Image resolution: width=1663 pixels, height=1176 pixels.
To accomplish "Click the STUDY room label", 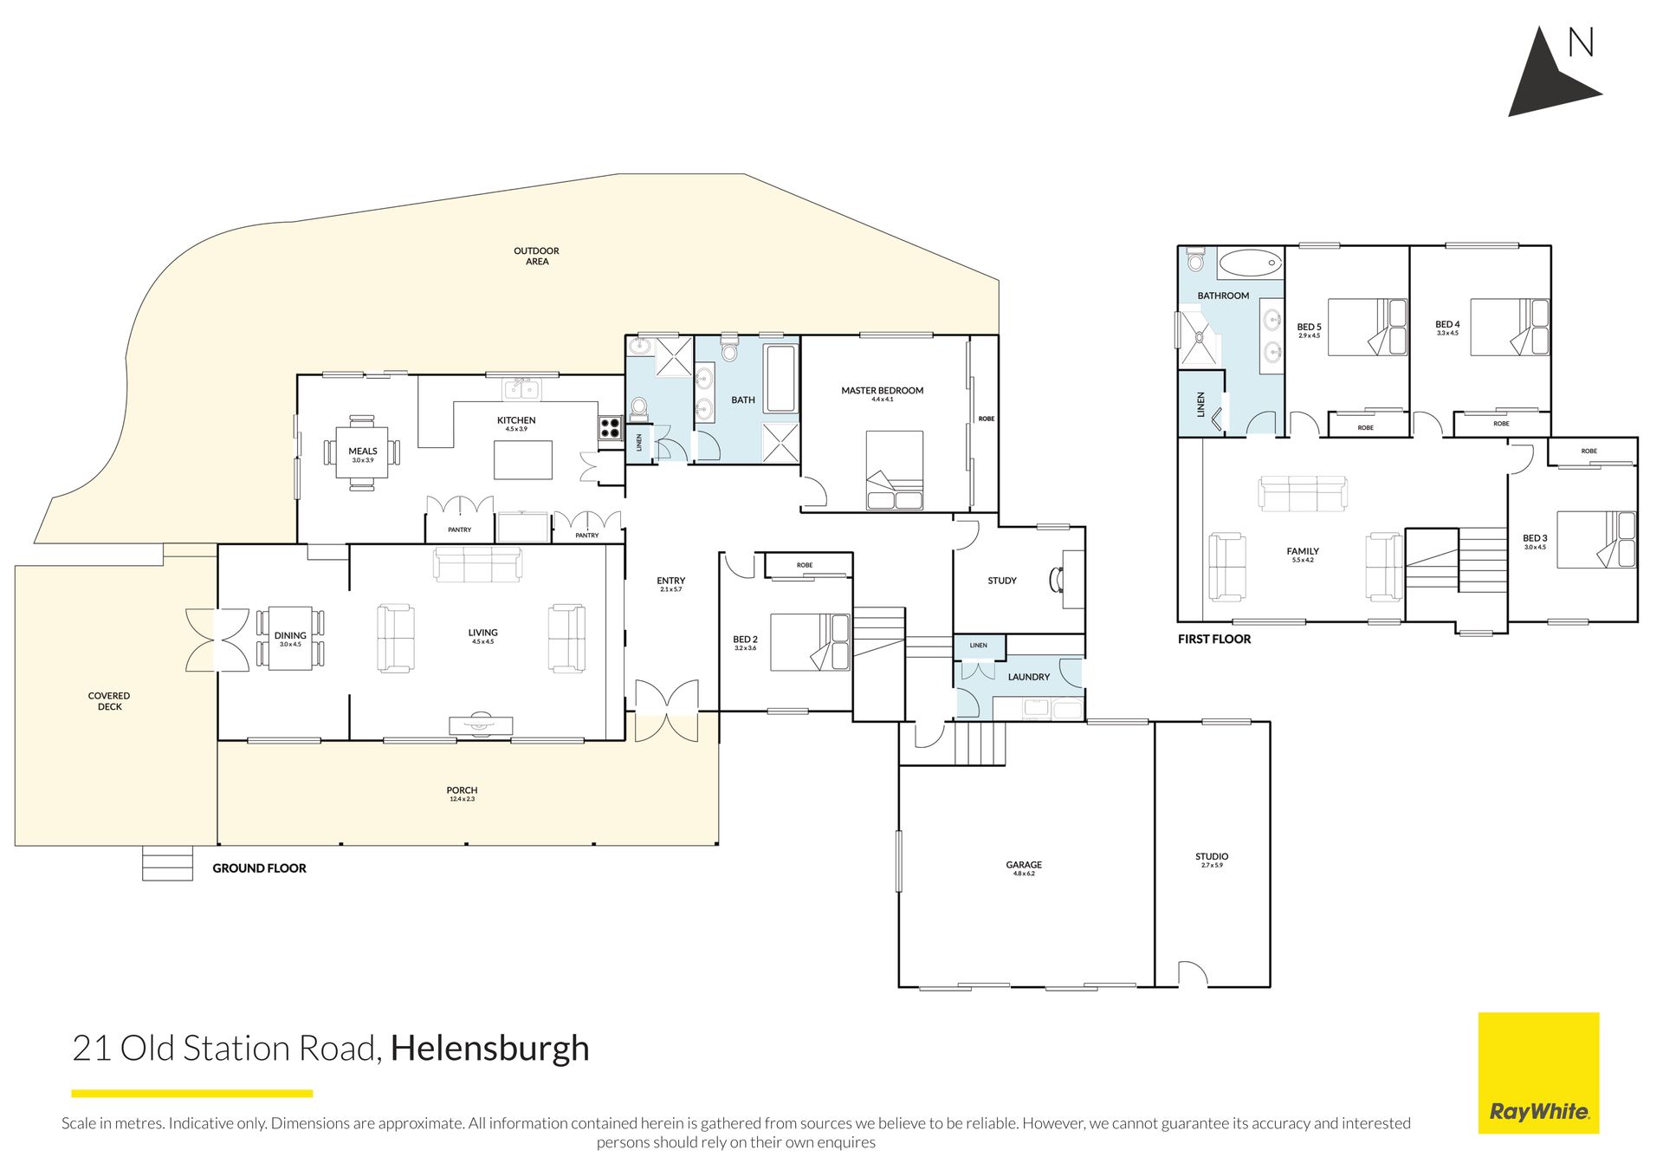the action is click(1002, 581).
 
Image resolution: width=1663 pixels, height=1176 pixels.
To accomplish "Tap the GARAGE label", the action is click(1024, 865).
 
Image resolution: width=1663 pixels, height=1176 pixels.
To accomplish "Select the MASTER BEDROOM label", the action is click(883, 391).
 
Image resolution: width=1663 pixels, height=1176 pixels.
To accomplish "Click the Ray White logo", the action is click(1538, 1073).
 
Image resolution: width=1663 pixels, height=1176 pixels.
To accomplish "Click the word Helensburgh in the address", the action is click(489, 1049).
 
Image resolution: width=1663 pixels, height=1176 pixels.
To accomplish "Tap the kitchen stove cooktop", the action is click(610, 428).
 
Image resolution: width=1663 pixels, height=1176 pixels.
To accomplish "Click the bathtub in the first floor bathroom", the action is click(1251, 262).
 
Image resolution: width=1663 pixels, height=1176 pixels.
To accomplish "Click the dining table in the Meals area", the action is click(362, 452).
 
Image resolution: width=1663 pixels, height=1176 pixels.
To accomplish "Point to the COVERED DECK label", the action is click(109, 701).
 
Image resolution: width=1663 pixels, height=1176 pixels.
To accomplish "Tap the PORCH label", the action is click(462, 790).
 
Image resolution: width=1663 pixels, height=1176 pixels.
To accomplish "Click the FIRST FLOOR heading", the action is click(1214, 640).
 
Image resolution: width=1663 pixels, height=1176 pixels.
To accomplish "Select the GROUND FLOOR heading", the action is click(260, 868).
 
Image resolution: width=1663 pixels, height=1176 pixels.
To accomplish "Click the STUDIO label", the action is click(1212, 856).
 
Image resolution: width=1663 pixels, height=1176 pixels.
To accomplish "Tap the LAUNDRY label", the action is click(1029, 677).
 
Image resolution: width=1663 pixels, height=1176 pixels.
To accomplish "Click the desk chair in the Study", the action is click(1056, 579).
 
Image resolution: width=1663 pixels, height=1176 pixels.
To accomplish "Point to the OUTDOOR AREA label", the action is click(537, 256).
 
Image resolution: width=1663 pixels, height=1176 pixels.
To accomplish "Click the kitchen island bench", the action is click(523, 460).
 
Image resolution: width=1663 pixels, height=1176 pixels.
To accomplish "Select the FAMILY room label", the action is click(1303, 551).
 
